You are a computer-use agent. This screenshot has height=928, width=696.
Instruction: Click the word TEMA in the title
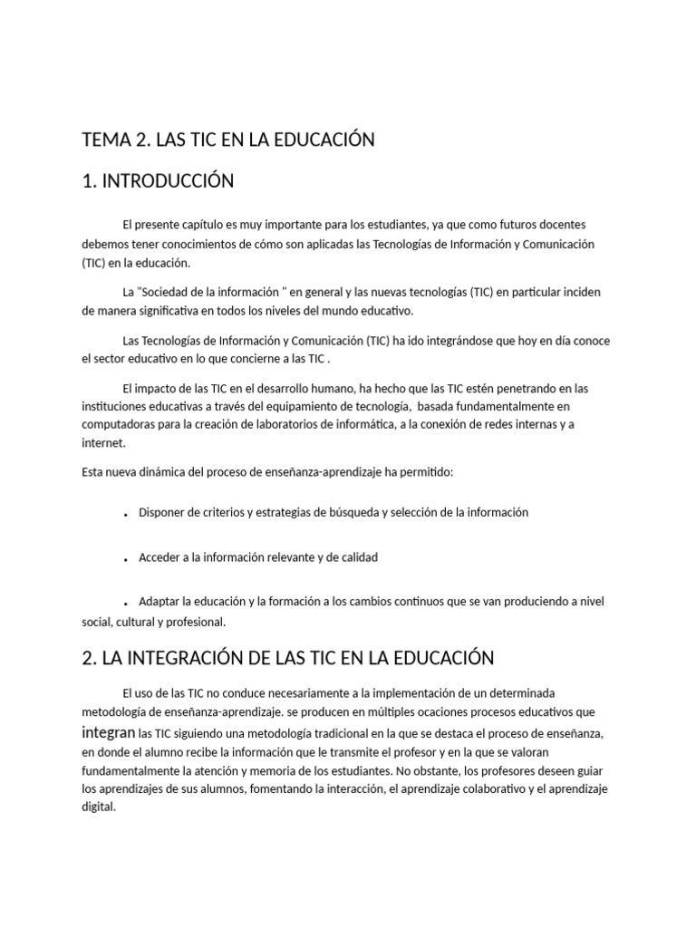click(105, 140)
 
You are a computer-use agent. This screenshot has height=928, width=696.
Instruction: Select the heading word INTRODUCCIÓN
click(168, 181)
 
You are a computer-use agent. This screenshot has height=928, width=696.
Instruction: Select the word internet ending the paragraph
click(102, 444)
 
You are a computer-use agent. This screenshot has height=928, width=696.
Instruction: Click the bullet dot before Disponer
click(124, 514)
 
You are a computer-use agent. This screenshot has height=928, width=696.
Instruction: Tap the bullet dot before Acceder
click(124, 559)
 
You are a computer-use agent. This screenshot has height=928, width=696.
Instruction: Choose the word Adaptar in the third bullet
click(159, 602)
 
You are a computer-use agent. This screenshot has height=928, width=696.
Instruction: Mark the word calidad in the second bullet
click(356, 557)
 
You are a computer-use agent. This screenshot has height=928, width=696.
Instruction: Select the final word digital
click(99, 807)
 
